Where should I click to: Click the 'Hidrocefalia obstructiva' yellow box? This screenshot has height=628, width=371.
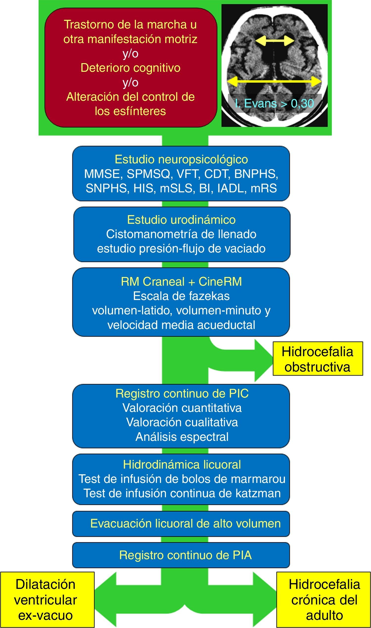(x=318, y=359)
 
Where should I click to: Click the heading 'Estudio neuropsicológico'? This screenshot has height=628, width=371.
(x=181, y=159)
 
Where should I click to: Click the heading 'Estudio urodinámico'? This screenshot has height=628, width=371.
(x=181, y=220)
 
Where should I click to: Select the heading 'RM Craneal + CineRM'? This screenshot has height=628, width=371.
(x=181, y=282)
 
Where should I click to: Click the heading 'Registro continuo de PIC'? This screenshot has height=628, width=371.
(x=182, y=394)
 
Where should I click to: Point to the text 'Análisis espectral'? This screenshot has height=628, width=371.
(x=182, y=437)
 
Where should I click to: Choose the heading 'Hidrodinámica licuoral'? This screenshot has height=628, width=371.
(x=182, y=465)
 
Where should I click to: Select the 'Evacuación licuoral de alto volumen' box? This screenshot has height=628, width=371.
(x=181, y=524)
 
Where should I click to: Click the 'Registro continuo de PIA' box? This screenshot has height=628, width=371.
(x=181, y=555)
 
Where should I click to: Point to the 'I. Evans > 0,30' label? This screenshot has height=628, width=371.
(x=275, y=103)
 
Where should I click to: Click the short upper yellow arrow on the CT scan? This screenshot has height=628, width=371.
(x=275, y=41)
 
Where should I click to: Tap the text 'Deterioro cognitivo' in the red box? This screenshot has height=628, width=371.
(x=131, y=68)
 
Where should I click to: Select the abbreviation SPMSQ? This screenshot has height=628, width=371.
(x=148, y=174)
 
